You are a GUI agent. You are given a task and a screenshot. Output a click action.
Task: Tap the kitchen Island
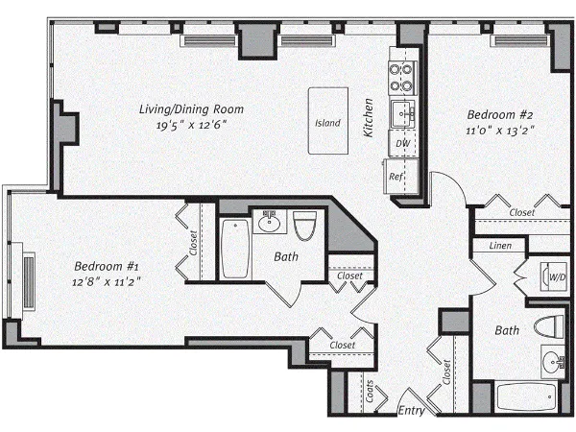(327, 123)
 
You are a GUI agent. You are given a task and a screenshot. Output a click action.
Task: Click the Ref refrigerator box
(396, 177)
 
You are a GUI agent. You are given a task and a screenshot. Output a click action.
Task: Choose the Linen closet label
(500, 247)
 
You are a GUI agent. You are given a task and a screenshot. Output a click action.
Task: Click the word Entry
(411, 410)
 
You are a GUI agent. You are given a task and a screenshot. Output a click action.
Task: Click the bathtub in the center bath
(235, 250)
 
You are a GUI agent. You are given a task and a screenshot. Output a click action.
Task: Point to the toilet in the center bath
(305, 227)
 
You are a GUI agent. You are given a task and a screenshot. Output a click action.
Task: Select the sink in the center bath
(270, 224)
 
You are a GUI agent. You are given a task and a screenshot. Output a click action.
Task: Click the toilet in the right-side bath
(549, 326)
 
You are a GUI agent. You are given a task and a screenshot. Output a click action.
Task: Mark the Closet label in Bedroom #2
(522, 212)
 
